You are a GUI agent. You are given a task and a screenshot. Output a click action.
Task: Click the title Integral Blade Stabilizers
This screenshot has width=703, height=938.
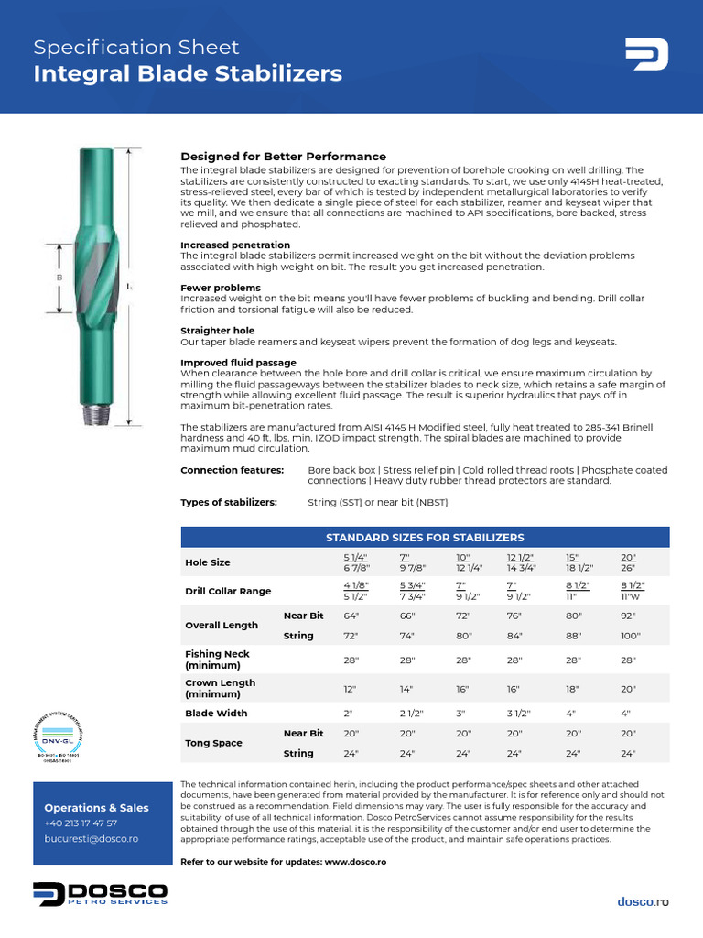pyautogui.click(x=188, y=74)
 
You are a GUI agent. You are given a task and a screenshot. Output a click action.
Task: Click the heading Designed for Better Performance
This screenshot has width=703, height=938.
pyautogui.click(x=283, y=157)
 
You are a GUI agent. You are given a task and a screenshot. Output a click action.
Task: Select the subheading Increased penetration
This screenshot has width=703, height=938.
pyautogui.click(x=235, y=245)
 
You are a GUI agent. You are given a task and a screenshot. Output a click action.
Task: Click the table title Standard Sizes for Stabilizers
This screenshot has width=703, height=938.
pyautogui.click(x=425, y=537)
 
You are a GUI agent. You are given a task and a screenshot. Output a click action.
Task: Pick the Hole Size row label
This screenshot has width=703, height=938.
pyautogui.click(x=208, y=562)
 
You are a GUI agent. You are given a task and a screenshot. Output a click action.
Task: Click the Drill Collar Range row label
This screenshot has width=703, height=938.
pyautogui.click(x=228, y=591)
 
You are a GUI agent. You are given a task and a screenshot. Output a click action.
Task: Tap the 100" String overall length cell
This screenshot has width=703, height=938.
pyautogui.click(x=631, y=636)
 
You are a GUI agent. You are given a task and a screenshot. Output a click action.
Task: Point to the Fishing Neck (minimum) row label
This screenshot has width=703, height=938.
pyautogui.click(x=218, y=660)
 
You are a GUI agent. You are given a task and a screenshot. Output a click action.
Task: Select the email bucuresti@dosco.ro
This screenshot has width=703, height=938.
pyautogui.click(x=92, y=839)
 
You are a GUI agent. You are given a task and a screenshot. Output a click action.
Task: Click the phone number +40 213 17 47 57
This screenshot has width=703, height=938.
pyautogui.click(x=81, y=823)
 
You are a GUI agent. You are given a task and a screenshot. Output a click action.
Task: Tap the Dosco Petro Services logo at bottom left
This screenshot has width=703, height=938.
pyautogui.click(x=101, y=894)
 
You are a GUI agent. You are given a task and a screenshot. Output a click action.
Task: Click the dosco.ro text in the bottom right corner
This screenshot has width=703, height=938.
pyautogui.click(x=643, y=901)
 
